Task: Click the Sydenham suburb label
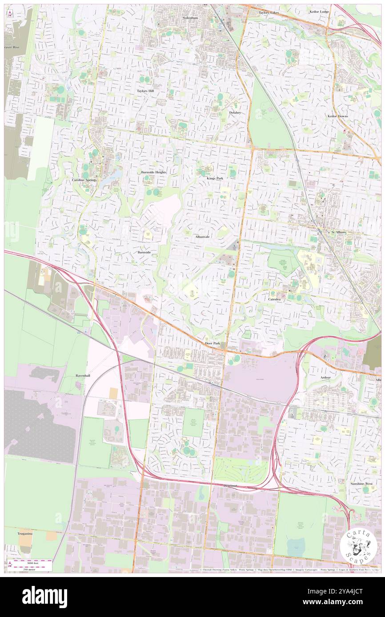[190, 18]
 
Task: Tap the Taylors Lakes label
[269, 13]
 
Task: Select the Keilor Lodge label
[319, 12]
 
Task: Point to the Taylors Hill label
[145, 91]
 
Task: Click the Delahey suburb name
[235, 113]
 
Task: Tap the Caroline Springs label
[84, 180]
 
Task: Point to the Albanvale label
[202, 237]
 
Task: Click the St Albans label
[338, 232]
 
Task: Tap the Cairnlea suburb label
[274, 299]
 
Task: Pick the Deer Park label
[213, 344]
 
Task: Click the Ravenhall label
[83, 376]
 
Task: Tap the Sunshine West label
[360, 483]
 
